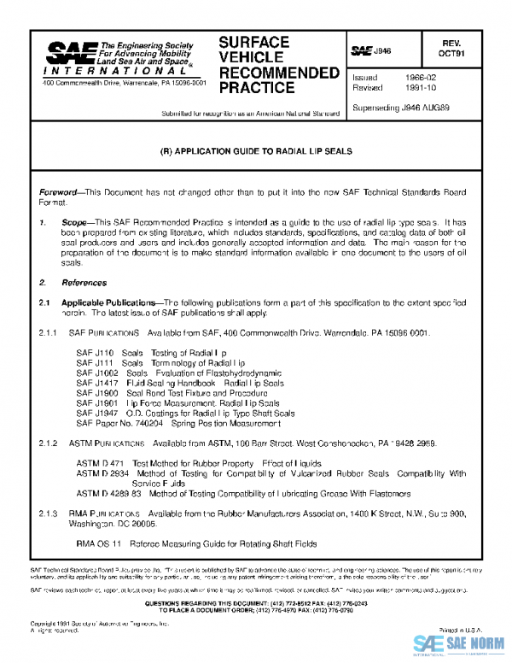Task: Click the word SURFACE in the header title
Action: coord(253,42)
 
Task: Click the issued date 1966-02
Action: coord(409,77)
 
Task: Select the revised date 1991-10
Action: coord(409,87)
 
